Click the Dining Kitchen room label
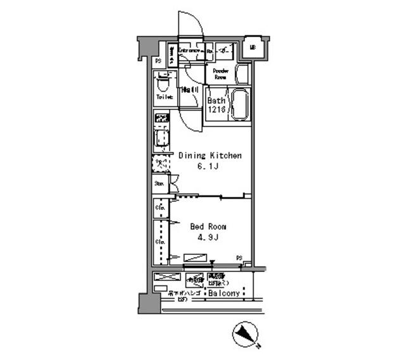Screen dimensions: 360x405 click(209, 156)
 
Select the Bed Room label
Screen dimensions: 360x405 click(208, 227)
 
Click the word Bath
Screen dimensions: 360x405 click(217, 101)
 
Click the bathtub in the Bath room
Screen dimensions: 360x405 click(240, 105)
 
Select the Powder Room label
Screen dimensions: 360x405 click(220, 74)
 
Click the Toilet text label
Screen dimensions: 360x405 click(165, 97)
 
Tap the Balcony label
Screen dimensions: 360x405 click(223, 294)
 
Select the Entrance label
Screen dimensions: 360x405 click(189, 49)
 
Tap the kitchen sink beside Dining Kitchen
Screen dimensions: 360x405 click(162, 139)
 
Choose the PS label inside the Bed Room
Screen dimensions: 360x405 click(240, 257)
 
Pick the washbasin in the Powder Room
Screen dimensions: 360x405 click(243, 74)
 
